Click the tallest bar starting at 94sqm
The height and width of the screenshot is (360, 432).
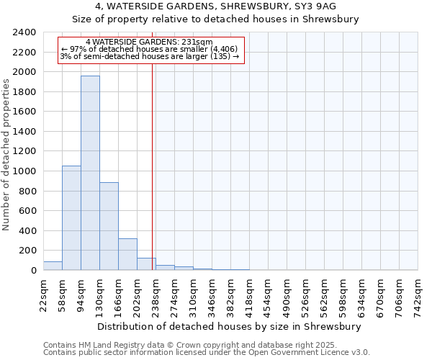click(x=90, y=173)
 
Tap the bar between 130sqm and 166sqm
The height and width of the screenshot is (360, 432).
click(x=109, y=226)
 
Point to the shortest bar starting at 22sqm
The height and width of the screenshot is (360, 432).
click(x=53, y=266)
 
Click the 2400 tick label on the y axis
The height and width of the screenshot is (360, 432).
click(x=24, y=32)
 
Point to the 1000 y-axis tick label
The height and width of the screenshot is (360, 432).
click(x=24, y=171)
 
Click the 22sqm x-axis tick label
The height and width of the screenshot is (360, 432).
click(x=43, y=294)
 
